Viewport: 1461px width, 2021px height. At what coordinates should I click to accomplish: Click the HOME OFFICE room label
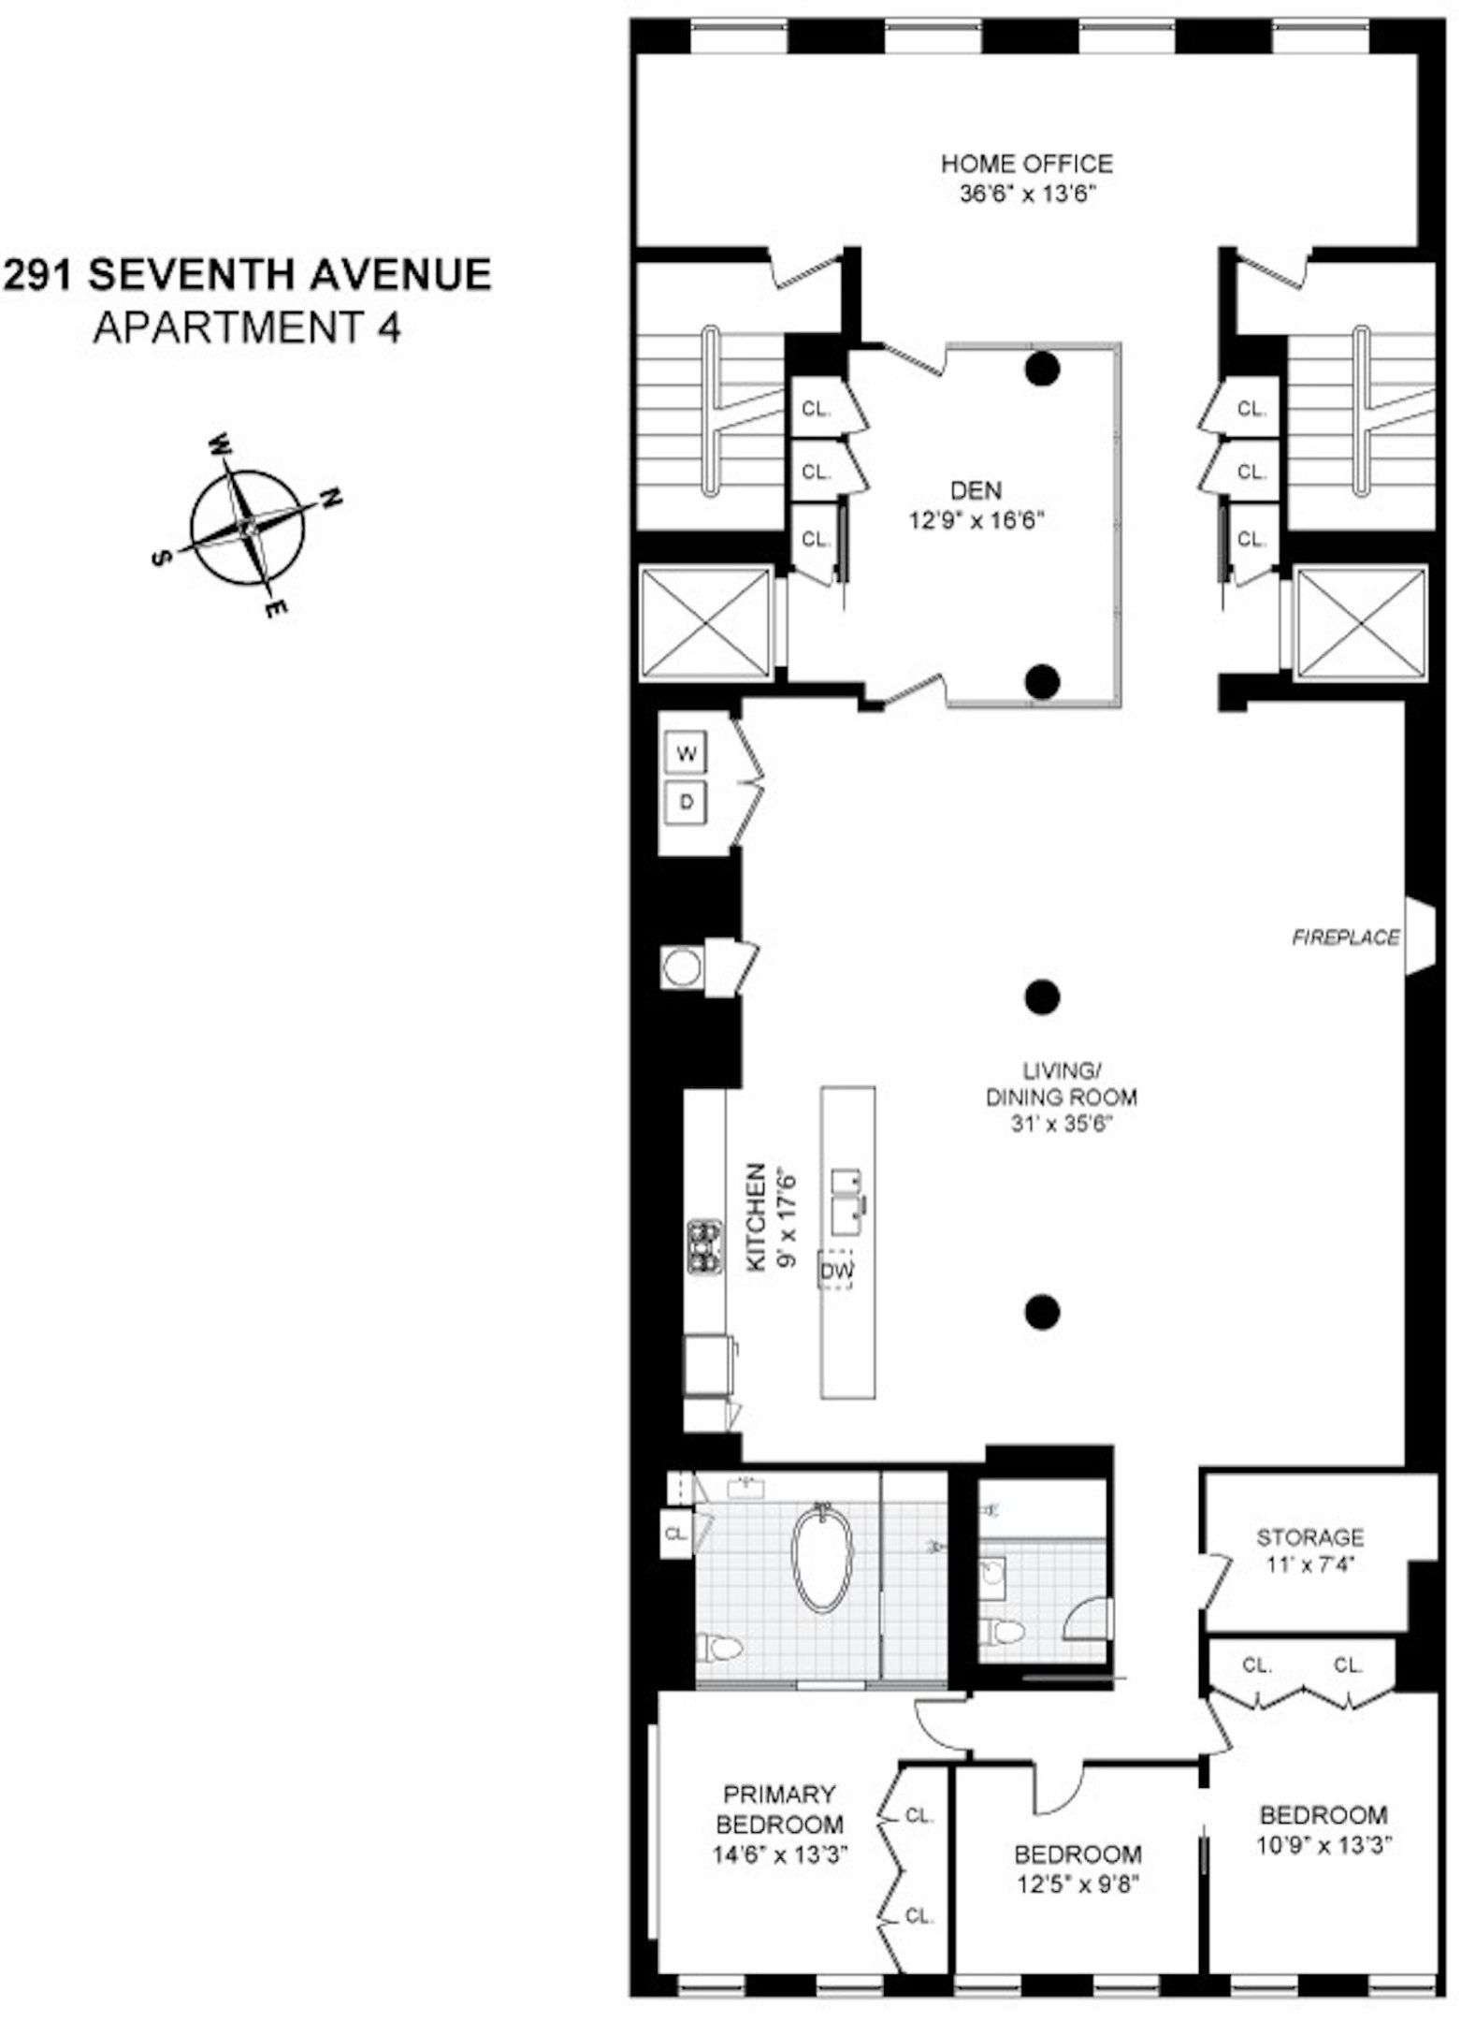[1026, 164]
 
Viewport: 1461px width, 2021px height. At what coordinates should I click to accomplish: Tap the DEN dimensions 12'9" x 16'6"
[976, 520]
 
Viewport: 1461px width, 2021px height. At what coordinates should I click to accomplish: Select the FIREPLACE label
[1345, 937]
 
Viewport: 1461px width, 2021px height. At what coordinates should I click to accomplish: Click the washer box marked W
[687, 754]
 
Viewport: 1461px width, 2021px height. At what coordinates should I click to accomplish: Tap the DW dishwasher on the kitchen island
[836, 1271]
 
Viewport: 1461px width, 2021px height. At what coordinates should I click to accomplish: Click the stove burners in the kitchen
[704, 1246]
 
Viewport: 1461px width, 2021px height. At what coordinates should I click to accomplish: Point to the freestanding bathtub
[823, 1559]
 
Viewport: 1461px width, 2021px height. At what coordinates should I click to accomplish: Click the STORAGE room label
[1309, 1537]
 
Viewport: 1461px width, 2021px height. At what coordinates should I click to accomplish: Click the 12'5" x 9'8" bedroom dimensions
[1078, 1883]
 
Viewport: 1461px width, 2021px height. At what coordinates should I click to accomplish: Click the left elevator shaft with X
[706, 623]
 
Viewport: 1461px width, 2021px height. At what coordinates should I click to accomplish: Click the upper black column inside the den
[1042, 370]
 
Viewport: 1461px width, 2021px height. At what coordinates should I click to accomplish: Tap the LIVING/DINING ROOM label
[1061, 1083]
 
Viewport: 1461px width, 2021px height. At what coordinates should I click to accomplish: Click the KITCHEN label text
[756, 1216]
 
